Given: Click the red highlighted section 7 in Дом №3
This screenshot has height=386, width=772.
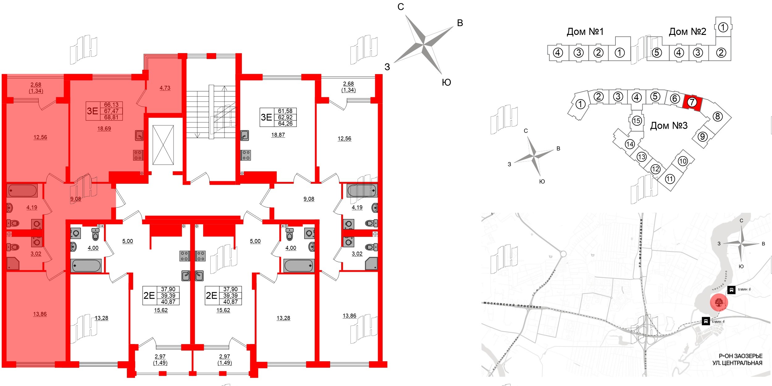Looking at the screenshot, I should point(692,102).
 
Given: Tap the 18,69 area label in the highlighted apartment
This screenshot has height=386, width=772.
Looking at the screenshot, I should point(104,129).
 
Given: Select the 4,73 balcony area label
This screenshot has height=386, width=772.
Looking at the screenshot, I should point(165,88).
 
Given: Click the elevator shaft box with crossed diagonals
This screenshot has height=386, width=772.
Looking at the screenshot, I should point(163,145).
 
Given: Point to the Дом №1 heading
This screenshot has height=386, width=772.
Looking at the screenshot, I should point(585,31).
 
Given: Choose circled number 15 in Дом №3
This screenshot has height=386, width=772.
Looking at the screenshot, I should point(636,120).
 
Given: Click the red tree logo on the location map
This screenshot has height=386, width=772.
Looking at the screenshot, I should point(719,302).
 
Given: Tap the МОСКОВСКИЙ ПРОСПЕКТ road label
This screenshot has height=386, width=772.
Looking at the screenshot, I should point(513,305).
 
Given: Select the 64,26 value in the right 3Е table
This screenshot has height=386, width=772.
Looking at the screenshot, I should point(285,124).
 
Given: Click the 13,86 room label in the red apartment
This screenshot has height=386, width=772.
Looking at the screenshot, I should point(40,314).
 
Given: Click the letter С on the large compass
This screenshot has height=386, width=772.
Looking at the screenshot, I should point(401,7).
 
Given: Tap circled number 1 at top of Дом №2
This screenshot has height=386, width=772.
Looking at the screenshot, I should point(723,27).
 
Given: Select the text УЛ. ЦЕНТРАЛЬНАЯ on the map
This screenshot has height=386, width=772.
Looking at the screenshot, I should point(737,363).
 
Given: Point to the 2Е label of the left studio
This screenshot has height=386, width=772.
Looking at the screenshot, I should point(149,296).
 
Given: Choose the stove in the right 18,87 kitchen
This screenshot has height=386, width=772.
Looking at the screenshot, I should point(246,155).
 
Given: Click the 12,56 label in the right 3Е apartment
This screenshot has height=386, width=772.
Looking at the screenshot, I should point(344,139).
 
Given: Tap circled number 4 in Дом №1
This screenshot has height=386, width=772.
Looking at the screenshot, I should point(558,53).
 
